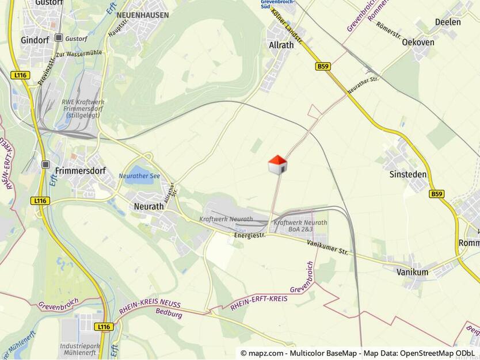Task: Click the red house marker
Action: tap(277, 164)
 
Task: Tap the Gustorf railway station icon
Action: tap(59, 37)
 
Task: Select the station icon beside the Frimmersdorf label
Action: tap(46, 164)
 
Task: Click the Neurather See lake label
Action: tap(139, 176)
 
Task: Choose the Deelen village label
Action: tap(448, 22)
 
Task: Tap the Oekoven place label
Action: tap(417, 42)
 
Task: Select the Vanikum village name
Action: tap(412, 272)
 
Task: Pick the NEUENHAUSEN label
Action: tap(142, 15)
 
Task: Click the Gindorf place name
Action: tap(36, 40)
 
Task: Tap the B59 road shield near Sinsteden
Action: tap(437, 194)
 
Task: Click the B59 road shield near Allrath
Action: tap(323, 67)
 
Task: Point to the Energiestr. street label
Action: tap(250, 236)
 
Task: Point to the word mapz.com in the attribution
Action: tap(266, 353)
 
